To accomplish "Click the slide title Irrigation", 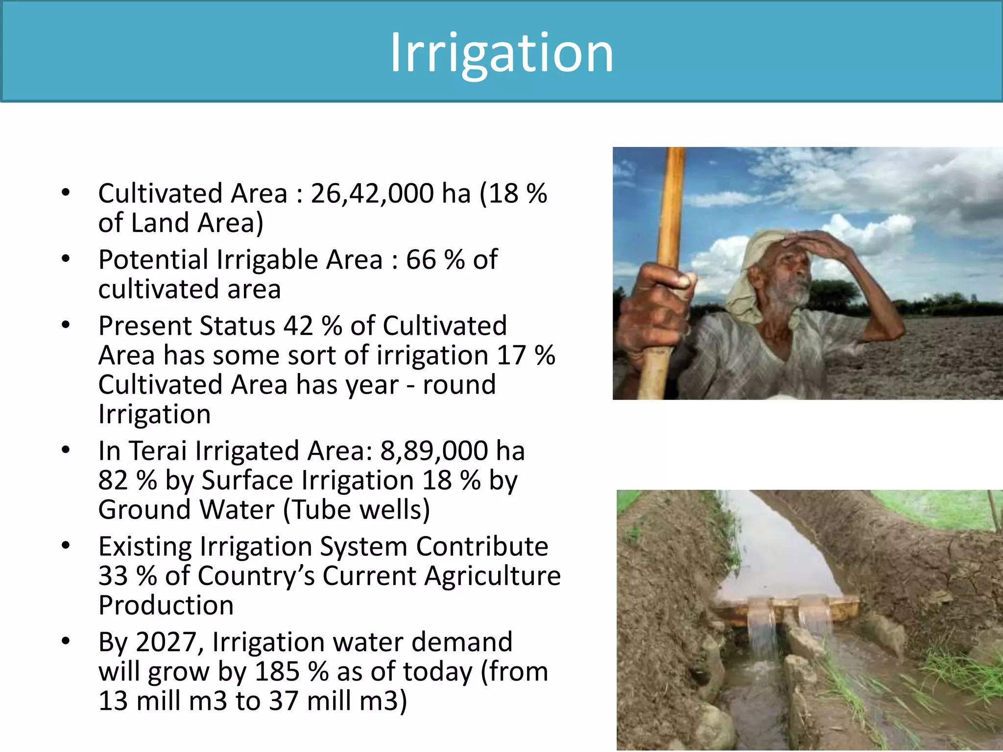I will [501, 53].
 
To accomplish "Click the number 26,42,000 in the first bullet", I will [372, 193].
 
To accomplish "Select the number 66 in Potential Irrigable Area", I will [421, 259].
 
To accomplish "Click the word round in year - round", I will [459, 385].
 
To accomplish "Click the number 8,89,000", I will [434, 451].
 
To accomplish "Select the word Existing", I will [145, 546].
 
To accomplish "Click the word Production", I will [166, 606].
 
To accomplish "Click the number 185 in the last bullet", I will [277, 672].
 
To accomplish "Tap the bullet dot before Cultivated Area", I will [66, 192].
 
